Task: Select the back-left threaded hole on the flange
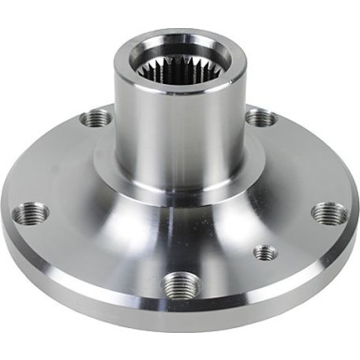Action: (x=94, y=118)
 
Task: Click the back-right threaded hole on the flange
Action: (x=261, y=117)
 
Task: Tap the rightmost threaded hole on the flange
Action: (x=329, y=213)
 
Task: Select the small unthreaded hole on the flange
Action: (x=266, y=252)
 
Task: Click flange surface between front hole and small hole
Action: (x=224, y=271)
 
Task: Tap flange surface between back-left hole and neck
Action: (x=107, y=140)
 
